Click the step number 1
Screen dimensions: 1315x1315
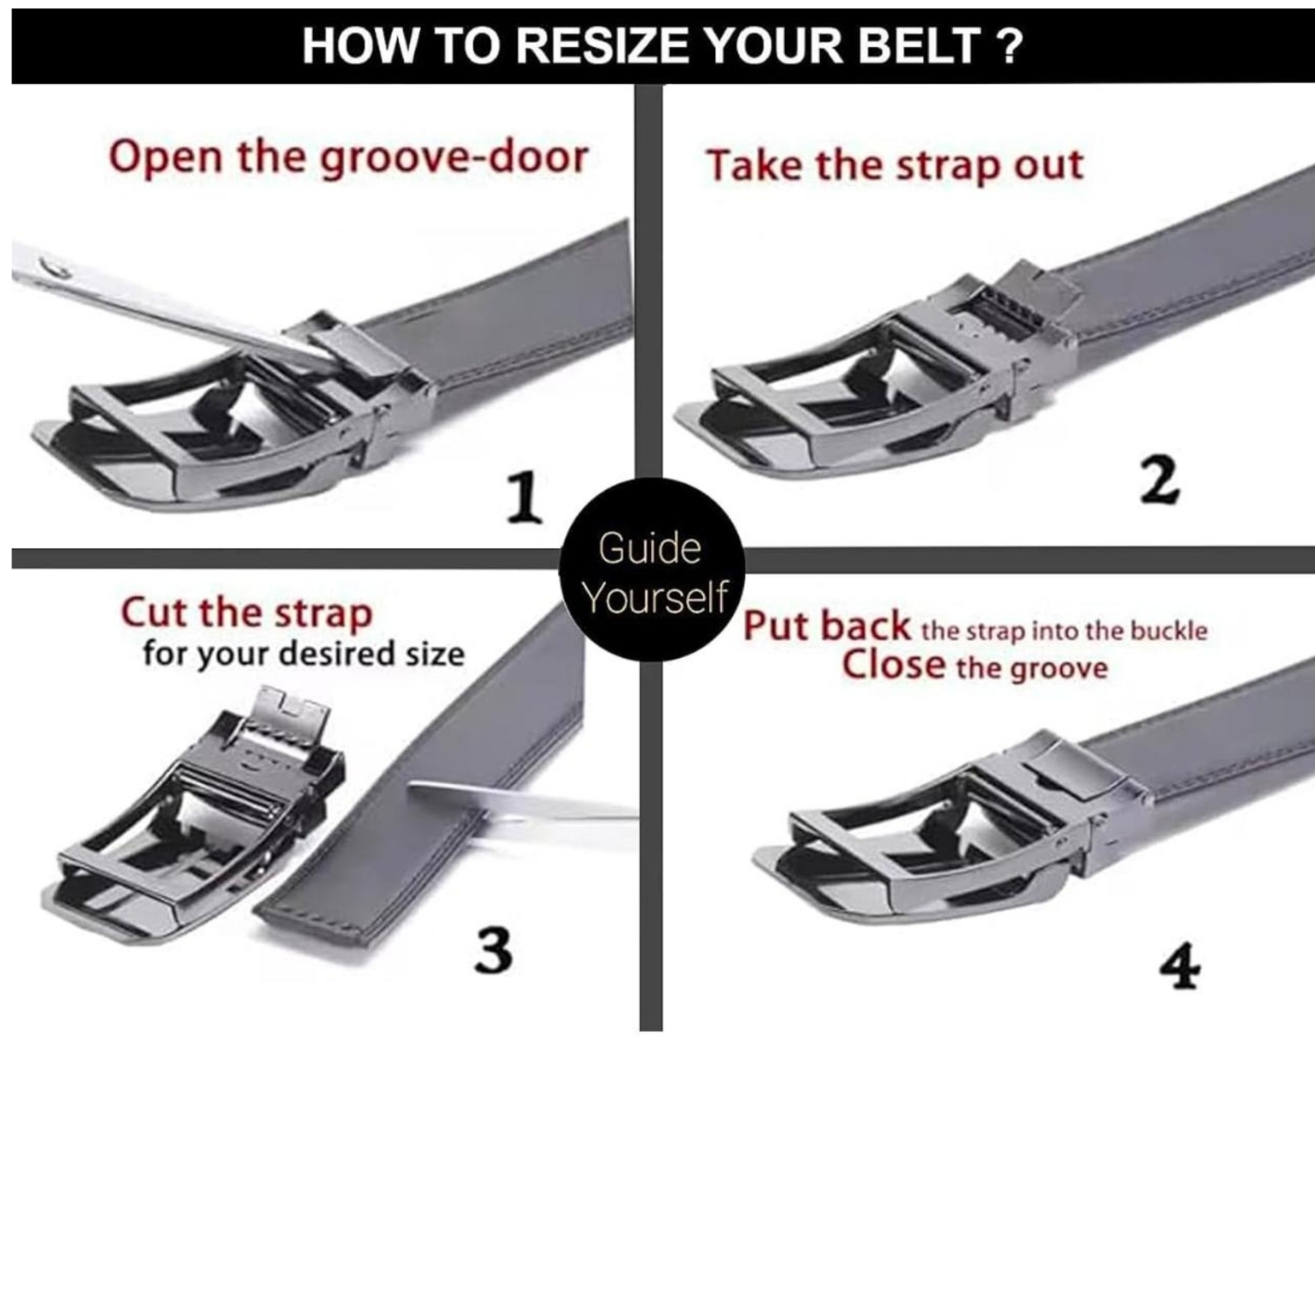[x=524, y=497]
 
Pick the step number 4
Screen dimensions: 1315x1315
[x=1180, y=967]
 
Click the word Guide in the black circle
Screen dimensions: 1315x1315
[x=649, y=548]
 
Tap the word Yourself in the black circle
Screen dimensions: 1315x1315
[x=656, y=598]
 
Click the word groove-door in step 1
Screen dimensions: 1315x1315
[x=454, y=158]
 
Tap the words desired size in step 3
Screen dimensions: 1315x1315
[x=372, y=654]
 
